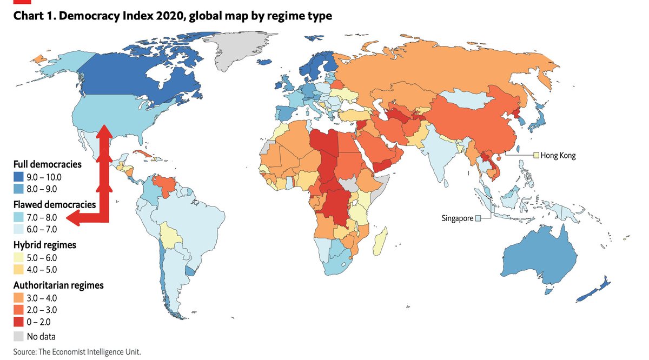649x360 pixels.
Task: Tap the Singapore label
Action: click(x=457, y=218)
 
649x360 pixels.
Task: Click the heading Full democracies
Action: click(x=47, y=164)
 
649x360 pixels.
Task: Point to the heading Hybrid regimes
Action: click(x=44, y=245)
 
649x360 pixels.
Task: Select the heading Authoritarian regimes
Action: click(x=58, y=285)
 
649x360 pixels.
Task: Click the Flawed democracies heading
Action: click(x=54, y=205)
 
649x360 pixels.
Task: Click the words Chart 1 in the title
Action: click(x=34, y=17)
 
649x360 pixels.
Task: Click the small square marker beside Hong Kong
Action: click(x=537, y=156)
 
